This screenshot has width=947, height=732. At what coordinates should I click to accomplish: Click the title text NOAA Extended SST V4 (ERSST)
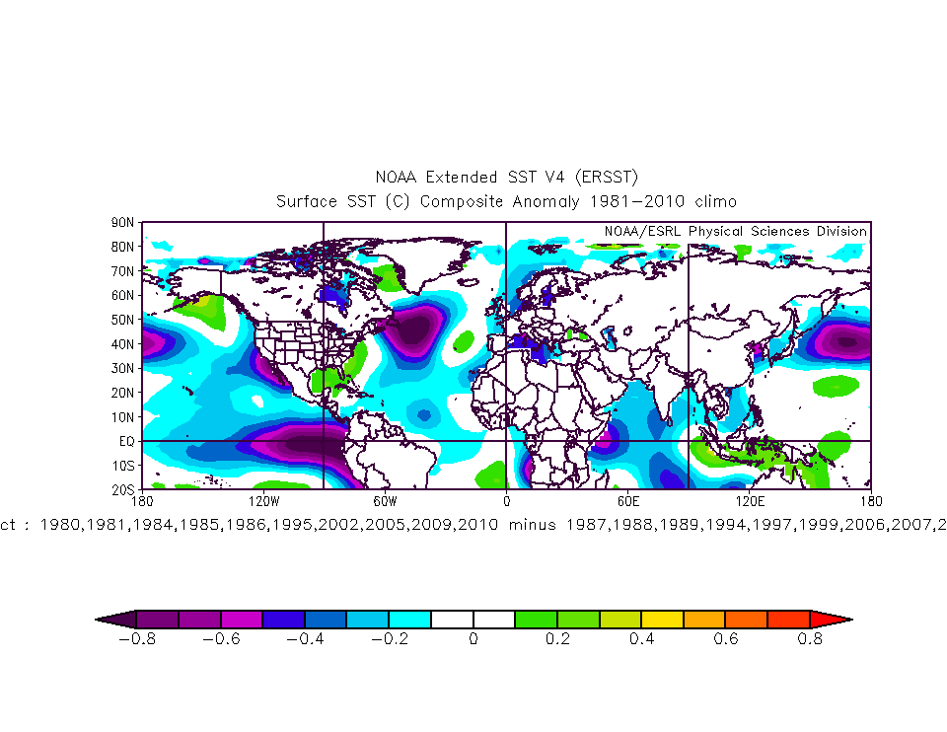pos(507,178)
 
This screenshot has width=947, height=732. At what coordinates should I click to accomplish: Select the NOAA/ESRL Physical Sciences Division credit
pos(735,231)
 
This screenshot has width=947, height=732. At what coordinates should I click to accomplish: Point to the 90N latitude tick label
pos(122,223)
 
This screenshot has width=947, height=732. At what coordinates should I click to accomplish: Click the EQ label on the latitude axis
pos(127,441)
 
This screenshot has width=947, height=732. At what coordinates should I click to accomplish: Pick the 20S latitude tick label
pos(122,489)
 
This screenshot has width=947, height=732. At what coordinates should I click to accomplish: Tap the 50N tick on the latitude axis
pos(122,320)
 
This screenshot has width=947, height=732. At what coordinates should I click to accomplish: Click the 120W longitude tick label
pos(262,500)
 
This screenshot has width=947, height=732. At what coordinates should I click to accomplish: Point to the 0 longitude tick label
pos(506,500)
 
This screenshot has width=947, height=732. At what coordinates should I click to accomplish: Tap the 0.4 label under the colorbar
pos(641,639)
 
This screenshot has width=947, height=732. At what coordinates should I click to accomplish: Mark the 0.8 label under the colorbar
pos(810,639)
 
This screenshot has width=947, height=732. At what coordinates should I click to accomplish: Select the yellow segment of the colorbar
pos(662,620)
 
